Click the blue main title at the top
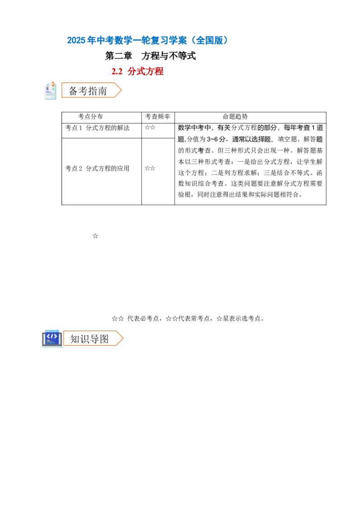148,40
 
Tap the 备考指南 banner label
88,91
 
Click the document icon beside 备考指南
50,91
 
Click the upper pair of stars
150,128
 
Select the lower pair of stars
150,169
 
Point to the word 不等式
296,173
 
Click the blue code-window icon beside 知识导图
51,338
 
